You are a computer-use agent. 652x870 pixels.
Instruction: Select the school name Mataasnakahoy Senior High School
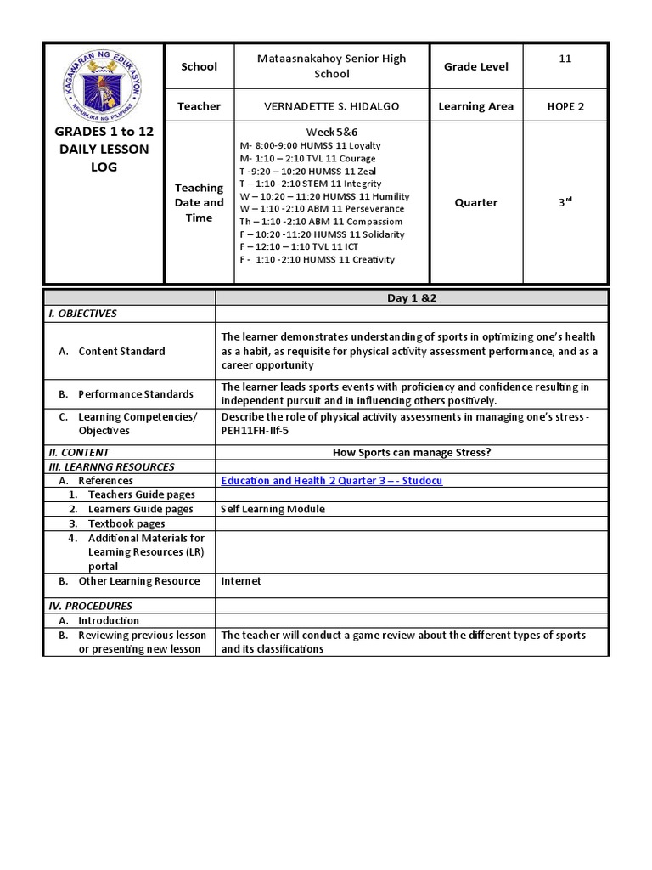click(x=331, y=66)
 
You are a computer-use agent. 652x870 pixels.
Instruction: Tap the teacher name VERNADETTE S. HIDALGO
click(x=331, y=106)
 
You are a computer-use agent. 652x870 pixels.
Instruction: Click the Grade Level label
click(x=475, y=66)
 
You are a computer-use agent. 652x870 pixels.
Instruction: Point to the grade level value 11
click(x=565, y=59)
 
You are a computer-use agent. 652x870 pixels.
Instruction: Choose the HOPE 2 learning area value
click(x=565, y=106)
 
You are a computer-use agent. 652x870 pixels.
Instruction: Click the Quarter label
click(x=475, y=203)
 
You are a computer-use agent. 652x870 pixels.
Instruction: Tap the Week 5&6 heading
click(x=331, y=132)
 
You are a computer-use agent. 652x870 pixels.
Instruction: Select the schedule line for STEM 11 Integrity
click(x=311, y=184)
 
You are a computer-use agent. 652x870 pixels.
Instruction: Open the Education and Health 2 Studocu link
click(x=331, y=481)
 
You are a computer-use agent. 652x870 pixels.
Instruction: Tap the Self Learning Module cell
click(x=273, y=509)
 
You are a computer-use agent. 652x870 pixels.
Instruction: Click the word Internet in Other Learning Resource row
click(x=241, y=581)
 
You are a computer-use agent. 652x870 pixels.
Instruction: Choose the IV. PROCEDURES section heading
click(x=87, y=607)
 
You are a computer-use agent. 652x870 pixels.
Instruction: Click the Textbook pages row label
click(x=126, y=524)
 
